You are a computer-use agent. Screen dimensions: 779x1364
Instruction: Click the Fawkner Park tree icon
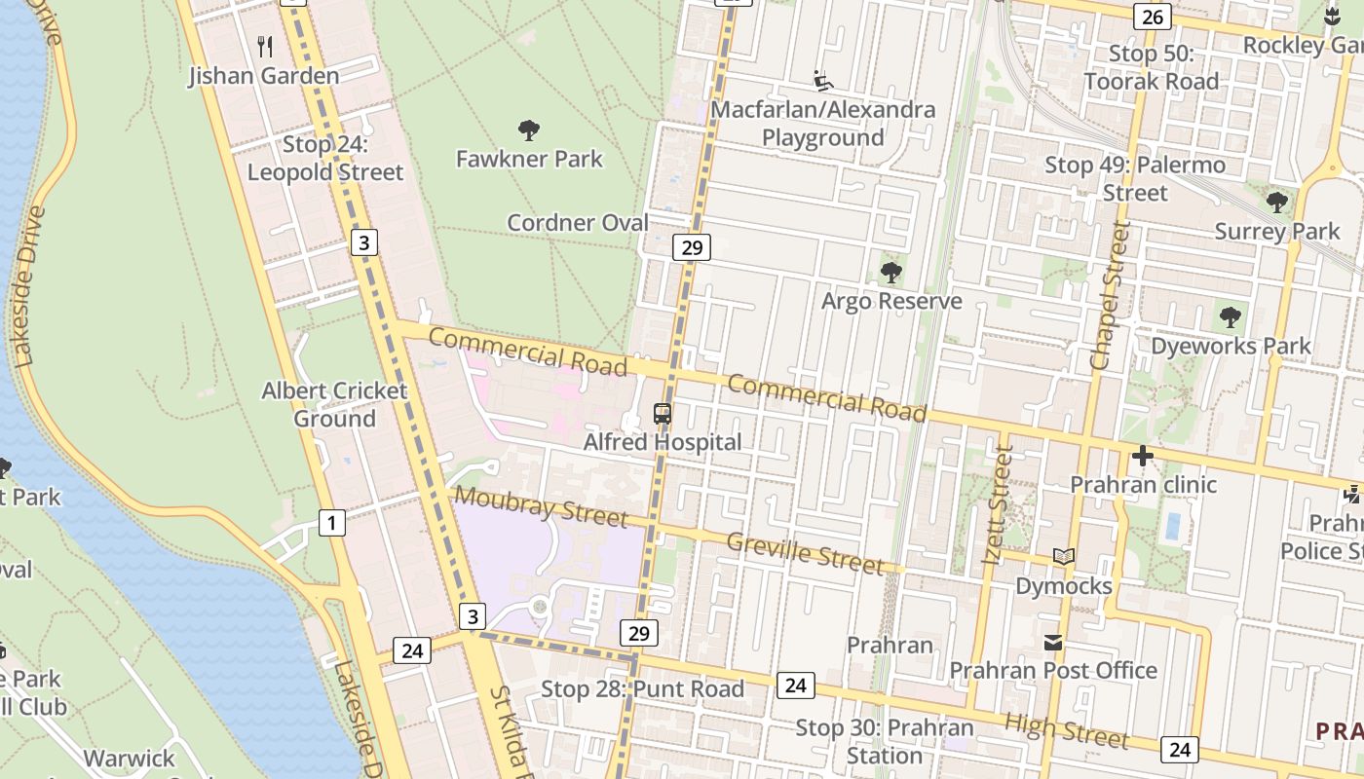click(x=529, y=130)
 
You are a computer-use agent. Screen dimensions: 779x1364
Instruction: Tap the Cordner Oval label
click(x=578, y=223)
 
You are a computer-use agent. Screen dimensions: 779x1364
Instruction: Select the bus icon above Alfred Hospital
click(x=663, y=414)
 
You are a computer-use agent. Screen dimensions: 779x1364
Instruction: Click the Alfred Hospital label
click(x=663, y=442)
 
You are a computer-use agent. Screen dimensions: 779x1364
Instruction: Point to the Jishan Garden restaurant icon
click(x=264, y=46)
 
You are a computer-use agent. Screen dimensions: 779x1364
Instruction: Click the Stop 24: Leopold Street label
click(x=325, y=159)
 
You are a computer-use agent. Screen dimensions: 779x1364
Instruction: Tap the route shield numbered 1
click(x=332, y=523)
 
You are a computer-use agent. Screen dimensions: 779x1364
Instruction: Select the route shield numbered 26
click(x=1152, y=17)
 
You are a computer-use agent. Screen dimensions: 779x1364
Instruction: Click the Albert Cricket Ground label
click(x=334, y=404)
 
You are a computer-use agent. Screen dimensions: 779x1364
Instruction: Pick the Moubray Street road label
click(x=541, y=506)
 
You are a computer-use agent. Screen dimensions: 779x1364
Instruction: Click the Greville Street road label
click(x=805, y=552)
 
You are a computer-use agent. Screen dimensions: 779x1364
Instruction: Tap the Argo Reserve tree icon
click(x=890, y=273)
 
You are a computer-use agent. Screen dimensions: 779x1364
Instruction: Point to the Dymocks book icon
click(x=1064, y=557)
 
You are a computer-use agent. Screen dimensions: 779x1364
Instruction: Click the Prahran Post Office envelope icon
click(x=1053, y=643)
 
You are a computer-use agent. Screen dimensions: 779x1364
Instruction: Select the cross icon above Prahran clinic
click(x=1143, y=456)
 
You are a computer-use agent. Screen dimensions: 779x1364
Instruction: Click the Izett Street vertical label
click(x=999, y=505)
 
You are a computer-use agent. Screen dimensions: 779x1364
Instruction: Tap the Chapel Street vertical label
click(x=1111, y=295)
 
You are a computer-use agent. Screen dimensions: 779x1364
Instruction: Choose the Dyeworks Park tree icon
click(x=1231, y=317)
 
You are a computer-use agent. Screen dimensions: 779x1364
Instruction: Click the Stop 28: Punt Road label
click(x=642, y=689)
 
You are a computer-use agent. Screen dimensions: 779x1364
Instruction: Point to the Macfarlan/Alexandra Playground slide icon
click(x=823, y=80)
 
